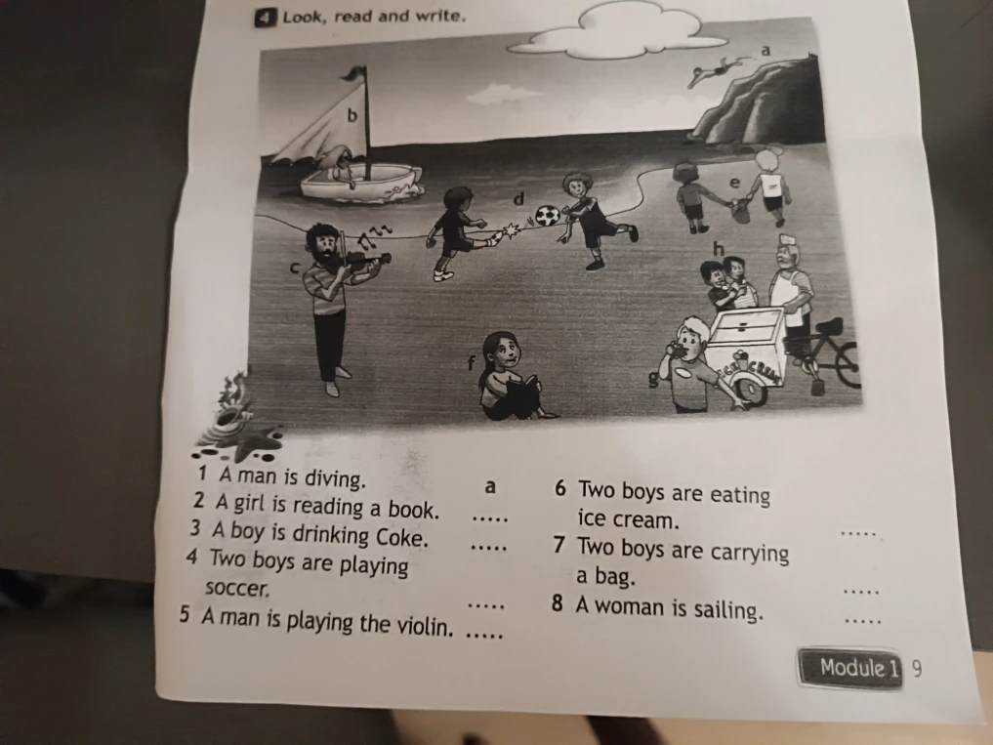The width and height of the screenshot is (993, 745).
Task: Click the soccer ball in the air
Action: [548, 216]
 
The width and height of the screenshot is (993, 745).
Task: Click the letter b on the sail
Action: [352, 115]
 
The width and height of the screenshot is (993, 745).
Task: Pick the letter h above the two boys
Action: [718, 249]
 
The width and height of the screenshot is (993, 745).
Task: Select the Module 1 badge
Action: [849, 667]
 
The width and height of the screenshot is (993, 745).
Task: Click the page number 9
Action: [917, 668]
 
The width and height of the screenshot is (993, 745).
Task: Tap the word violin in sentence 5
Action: [425, 626]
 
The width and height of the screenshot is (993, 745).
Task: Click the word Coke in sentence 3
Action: [402, 537]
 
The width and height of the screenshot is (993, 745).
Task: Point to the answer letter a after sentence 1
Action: [489, 486]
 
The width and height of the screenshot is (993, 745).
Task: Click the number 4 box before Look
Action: [265, 18]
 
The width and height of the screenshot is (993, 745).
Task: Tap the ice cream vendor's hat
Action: [787, 239]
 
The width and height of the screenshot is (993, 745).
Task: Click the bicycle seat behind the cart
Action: [830, 325]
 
